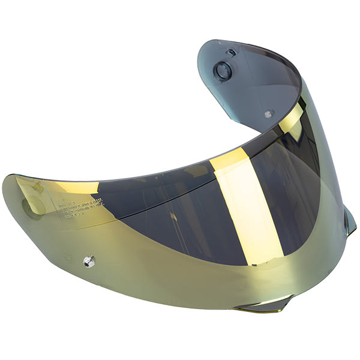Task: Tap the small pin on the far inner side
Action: [269, 112]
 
